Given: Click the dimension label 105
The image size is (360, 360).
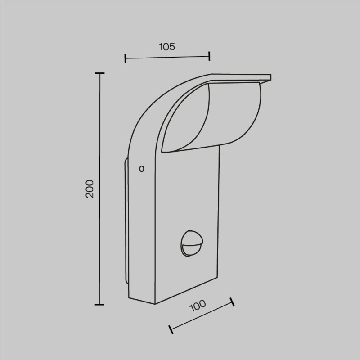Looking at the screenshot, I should coord(167,46).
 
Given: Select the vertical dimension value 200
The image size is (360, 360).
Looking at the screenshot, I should coord(90,189).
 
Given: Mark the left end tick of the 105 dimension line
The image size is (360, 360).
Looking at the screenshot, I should coord(126,58).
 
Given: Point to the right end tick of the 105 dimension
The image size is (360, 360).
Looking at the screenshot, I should coord(209,56).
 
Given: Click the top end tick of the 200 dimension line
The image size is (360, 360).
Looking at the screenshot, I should coord(99,73).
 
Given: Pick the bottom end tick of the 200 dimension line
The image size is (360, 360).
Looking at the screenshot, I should coord(99,305).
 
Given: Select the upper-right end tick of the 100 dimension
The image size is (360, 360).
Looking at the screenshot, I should coord(232,302).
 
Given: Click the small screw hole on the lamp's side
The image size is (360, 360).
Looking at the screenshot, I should coord(142,169).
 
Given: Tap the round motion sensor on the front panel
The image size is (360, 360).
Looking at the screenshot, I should coord(191,243).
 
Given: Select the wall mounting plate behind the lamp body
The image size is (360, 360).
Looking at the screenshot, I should coord(126,220).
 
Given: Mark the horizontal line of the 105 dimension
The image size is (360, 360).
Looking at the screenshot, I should coord(167,57).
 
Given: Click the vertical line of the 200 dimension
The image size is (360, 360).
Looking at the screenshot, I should coord(99,135).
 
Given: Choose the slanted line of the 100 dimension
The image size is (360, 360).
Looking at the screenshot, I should coord(201,315).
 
